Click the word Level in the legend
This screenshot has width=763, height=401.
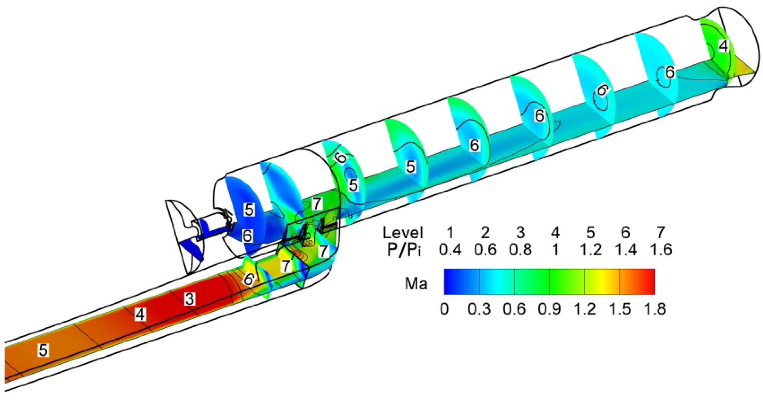click(x=403, y=233)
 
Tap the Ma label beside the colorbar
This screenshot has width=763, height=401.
click(x=416, y=284)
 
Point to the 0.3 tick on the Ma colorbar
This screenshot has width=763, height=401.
click(x=479, y=309)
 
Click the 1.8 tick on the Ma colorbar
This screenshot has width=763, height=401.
click(x=654, y=309)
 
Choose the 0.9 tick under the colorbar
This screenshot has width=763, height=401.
click(x=550, y=309)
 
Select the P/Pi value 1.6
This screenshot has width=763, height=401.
click(x=661, y=250)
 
